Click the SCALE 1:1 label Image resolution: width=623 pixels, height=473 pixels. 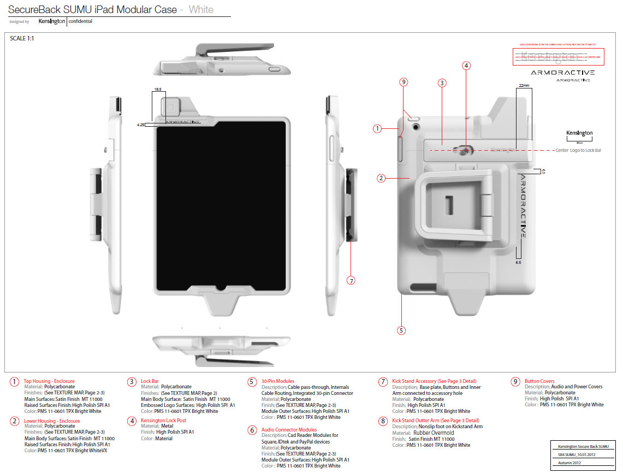pos(23,38)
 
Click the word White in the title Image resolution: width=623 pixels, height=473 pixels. pos(201,9)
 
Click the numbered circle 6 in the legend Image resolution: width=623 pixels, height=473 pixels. pos(252,430)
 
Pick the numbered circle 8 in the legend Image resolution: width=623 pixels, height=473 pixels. pos(383,421)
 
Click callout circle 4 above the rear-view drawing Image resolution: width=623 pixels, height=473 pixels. pos(466,66)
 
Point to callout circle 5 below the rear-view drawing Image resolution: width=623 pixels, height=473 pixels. pos(401,330)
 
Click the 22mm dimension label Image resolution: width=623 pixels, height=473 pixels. pos(524,86)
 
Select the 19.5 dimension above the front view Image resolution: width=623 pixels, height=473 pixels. pos(157,89)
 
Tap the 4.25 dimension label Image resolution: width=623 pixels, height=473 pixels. pos(140,125)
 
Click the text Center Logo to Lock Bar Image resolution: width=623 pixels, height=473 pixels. pos(578,150)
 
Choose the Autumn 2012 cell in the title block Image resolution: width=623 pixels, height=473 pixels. pos(569,462)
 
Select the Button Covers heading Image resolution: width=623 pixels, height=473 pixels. pos(539,381)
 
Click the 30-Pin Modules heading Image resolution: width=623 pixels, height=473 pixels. pos(277,381)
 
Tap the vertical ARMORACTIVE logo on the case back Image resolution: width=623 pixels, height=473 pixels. pos(523,206)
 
